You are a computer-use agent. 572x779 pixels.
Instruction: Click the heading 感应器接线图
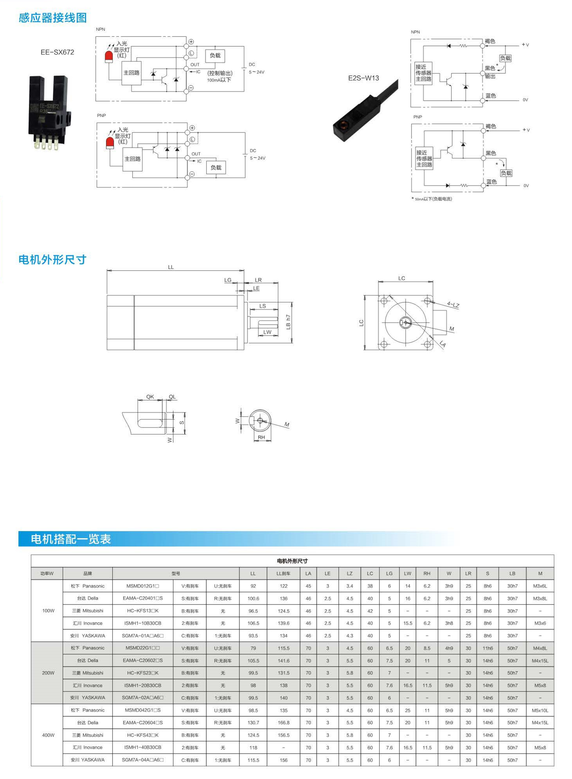(53, 18)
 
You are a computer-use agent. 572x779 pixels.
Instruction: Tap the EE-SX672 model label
(57, 52)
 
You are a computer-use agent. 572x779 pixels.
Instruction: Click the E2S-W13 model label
(363, 78)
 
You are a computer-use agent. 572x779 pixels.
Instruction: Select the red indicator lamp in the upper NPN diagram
(109, 57)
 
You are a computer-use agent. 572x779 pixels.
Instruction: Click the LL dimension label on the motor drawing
(171, 267)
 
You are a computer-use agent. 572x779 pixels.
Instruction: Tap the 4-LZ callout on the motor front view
(453, 305)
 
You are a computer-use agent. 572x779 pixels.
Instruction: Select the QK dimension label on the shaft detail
(150, 397)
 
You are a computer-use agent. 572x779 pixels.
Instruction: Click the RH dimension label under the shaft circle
(261, 437)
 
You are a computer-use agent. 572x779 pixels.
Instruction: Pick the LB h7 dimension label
(288, 322)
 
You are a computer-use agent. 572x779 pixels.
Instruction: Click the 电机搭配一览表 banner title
(71, 539)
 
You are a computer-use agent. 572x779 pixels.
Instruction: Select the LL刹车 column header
(283, 573)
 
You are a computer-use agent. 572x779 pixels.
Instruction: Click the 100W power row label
(48, 611)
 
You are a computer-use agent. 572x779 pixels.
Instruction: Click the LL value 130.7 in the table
(253, 723)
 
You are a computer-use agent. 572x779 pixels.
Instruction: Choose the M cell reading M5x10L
(540, 710)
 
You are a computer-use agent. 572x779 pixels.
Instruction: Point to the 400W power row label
(48, 735)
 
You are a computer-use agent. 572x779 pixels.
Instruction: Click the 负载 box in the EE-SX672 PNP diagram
(216, 168)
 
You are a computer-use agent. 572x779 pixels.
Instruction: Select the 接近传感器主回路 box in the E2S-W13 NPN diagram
(423, 73)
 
